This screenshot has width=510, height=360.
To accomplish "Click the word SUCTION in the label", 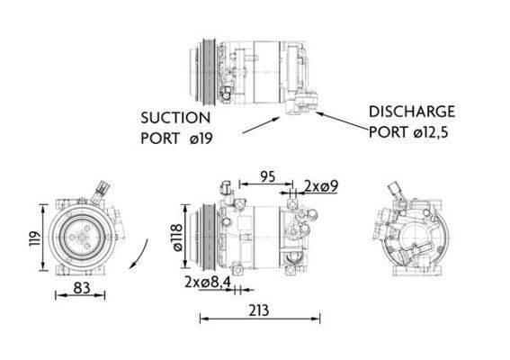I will pyautogui.click(x=175, y=118).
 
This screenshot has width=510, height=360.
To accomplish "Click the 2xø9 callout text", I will pyautogui.click(x=321, y=186).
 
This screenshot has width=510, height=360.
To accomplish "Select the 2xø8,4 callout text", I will pyautogui.click(x=208, y=284).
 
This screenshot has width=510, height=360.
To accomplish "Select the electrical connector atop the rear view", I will pyautogui.click(x=396, y=190).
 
